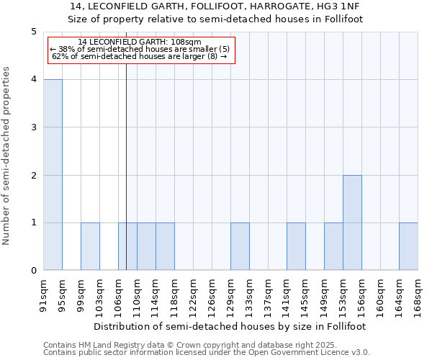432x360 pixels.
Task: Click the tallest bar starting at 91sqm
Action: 53,175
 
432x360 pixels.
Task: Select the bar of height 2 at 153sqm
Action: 352,222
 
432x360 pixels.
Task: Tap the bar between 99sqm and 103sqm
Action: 90,246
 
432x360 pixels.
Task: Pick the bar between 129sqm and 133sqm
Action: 240,246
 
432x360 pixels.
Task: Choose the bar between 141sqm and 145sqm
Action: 296,246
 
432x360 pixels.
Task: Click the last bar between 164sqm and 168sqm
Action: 408,246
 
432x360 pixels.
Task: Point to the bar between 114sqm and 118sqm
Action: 165,246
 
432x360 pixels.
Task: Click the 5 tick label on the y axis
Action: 33,32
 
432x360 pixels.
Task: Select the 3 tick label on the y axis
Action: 33,127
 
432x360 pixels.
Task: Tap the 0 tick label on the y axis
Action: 33,271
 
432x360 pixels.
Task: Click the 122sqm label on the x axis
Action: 193,294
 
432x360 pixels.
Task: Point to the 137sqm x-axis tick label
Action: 268,294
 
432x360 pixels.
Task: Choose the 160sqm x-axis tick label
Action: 380,294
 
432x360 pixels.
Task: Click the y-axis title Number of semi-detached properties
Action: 7,156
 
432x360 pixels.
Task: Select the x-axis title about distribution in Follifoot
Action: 230,326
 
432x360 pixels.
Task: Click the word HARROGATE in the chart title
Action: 267,6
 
